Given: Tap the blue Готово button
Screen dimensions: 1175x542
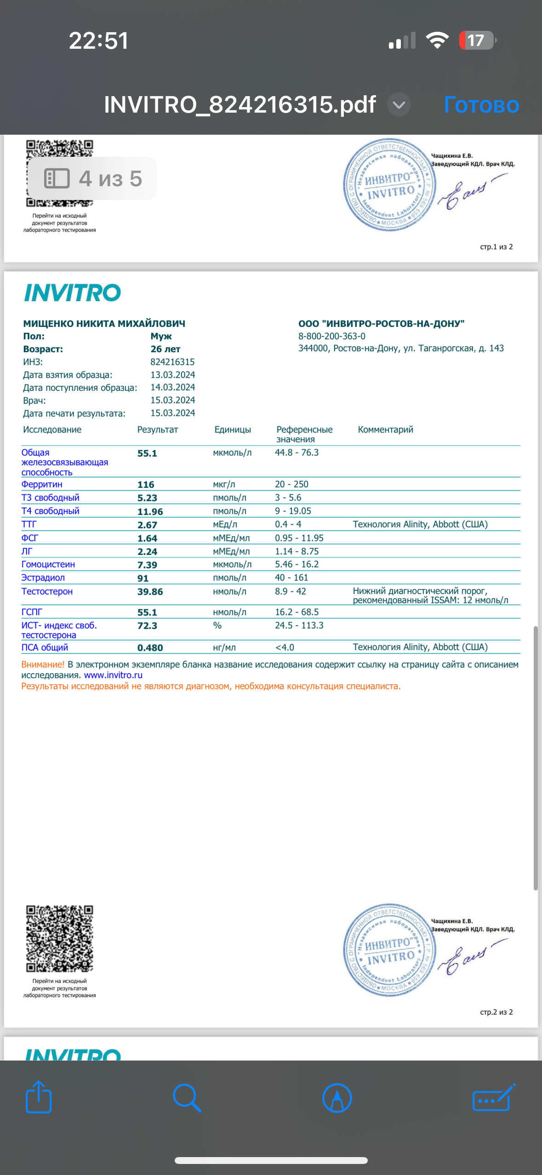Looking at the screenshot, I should point(481,105).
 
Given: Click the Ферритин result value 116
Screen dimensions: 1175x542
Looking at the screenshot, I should point(146,485).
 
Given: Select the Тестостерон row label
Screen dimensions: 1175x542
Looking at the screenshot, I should point(47,591).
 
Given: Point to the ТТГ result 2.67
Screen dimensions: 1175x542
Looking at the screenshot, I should point(147,525).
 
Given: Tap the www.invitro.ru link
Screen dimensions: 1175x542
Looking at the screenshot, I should point(113,675).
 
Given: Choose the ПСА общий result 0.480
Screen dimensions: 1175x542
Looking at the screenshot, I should point(150,648).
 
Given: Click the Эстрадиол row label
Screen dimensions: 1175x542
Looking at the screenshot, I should point(43,578).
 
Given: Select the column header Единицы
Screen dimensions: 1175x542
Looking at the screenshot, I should point(233,430).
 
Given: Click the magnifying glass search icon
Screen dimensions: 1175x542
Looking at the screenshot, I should point(187,1098).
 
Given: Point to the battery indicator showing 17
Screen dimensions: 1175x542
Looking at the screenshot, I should point(477,40).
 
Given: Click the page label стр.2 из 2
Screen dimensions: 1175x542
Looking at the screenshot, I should point(496,1012).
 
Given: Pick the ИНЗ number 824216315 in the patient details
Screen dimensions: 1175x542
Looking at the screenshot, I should point(172,362).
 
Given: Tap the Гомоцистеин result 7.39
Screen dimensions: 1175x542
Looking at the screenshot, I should point(147,565).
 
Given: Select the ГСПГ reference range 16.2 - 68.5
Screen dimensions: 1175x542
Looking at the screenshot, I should point(297,612).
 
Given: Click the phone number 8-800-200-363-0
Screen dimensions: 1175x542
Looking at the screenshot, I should point(331,337).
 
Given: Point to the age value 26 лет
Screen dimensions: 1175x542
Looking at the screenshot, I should point(165,349).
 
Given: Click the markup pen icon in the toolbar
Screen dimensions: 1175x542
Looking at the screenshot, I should point(337,1098).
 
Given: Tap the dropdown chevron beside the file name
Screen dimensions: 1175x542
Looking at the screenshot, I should point(399,105).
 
